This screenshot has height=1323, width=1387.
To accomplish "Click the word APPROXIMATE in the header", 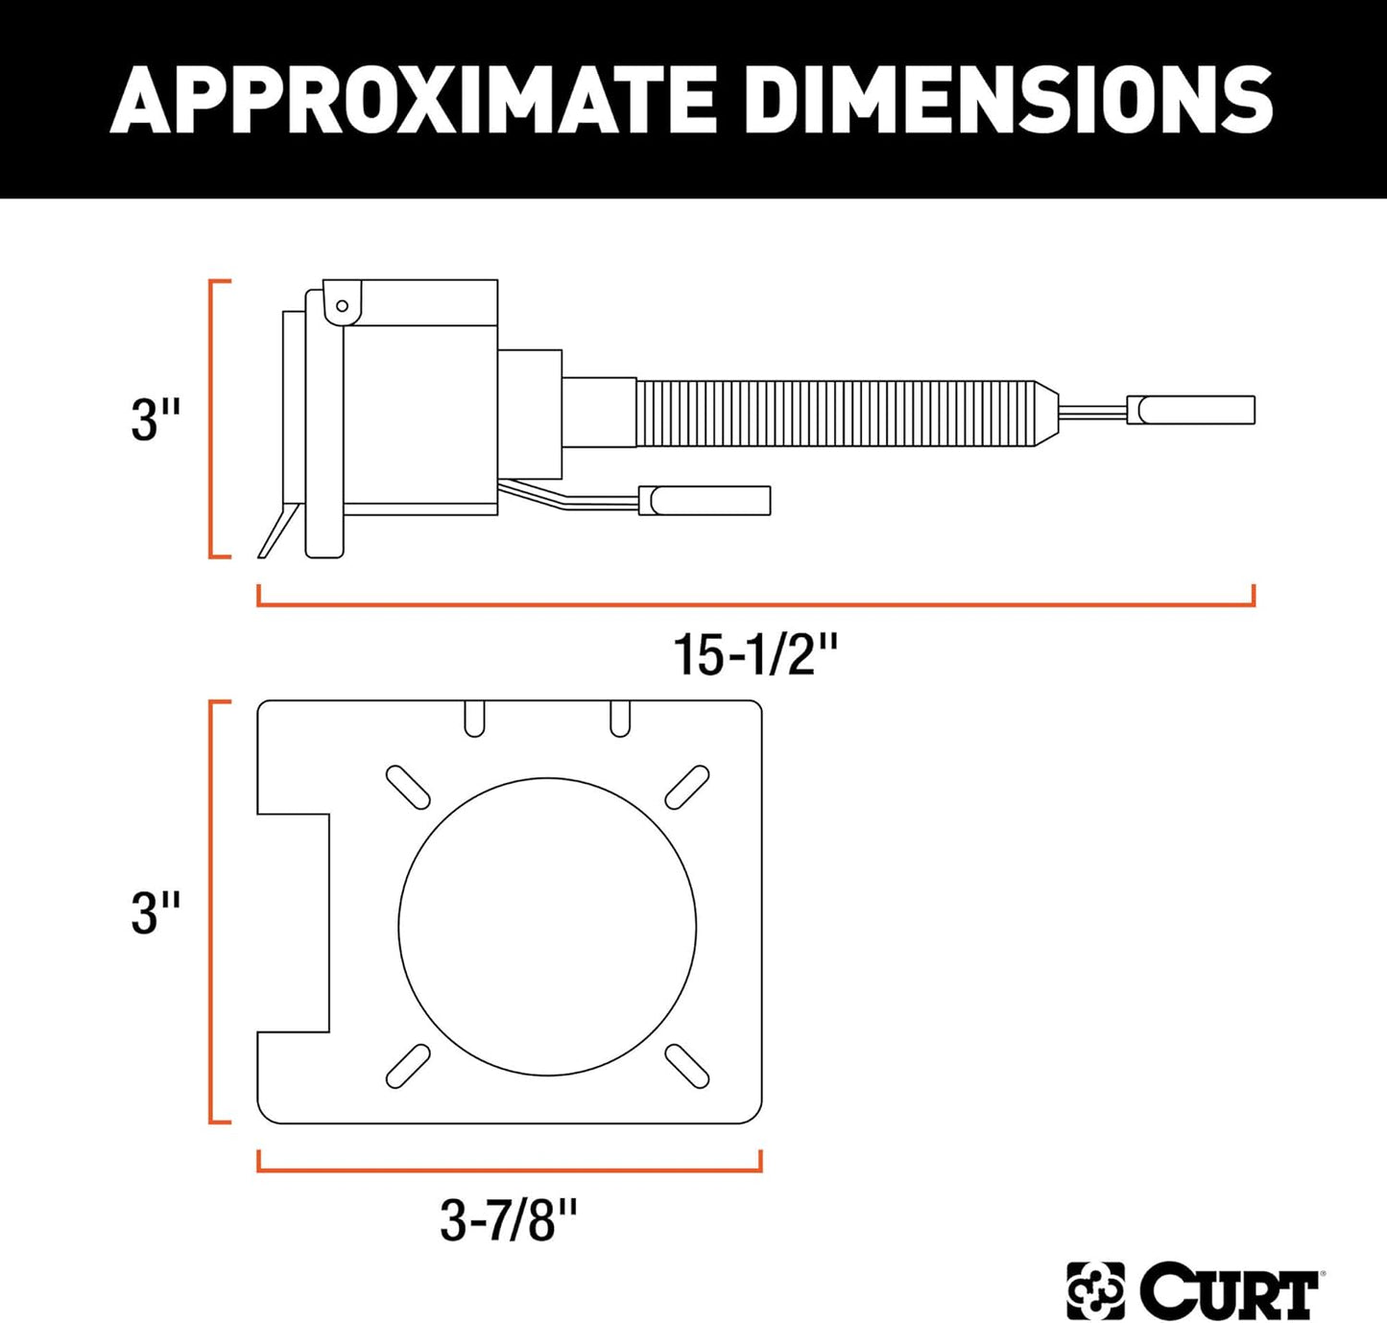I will pos(413,99).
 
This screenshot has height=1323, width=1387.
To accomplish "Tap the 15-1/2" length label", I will pos(755,655).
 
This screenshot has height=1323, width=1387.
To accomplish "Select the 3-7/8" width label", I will pos(509,1221).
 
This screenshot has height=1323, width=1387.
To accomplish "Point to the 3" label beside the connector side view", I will pos(155,419).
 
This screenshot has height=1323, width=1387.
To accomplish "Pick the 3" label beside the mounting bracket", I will pos(155,912).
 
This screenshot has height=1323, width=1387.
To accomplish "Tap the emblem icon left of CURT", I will pos(1095,1291).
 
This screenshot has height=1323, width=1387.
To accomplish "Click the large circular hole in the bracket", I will pos(547,926).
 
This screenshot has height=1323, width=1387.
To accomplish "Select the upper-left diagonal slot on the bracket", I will pos(408,788).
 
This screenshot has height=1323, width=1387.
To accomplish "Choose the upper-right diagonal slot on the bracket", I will pos(687,788).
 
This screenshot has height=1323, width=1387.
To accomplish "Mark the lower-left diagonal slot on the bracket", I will pos(408,1066).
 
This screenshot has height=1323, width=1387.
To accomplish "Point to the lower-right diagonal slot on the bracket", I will pos(687,1066).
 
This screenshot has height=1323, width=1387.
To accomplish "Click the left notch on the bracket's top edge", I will pos(474,718).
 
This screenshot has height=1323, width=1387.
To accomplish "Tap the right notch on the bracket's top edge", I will pos(620,718).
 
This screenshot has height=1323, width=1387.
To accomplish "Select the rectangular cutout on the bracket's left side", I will pos(294,923).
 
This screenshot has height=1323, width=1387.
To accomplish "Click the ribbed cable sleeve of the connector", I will pos(835,413).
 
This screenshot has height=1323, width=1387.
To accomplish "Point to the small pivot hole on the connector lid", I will pos(342,306).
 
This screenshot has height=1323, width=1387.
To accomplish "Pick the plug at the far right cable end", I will pos(1190,410).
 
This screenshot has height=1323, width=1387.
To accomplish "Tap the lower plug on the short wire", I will pos(705,500).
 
